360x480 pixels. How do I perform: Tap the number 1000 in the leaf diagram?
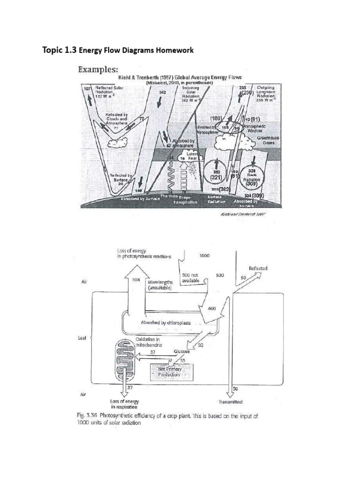204,256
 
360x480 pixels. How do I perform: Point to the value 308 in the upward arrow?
136,280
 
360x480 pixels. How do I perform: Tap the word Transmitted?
231,402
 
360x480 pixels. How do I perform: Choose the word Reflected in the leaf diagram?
258,269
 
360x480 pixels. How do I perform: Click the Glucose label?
181,351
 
